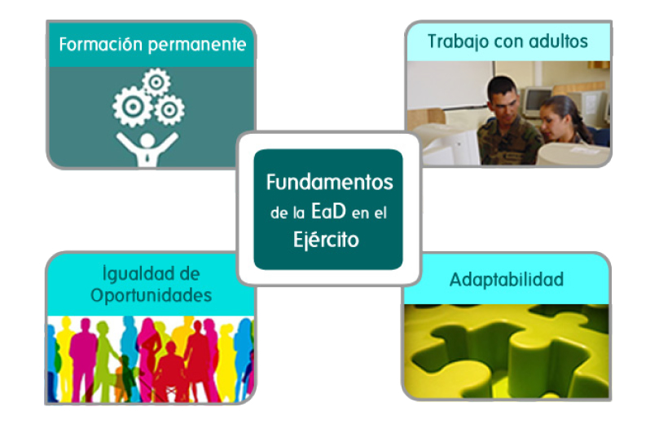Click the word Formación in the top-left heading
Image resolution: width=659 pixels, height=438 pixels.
point(101,44)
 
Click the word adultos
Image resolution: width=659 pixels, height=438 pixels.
point(558,42)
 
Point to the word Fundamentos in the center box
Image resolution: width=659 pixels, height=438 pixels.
point(329,182)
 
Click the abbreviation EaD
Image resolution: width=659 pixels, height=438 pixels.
point(328,211)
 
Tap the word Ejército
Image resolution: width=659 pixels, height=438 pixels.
point(326,240)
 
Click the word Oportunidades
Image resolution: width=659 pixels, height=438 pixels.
point(152,296)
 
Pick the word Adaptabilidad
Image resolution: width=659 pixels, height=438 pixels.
point(507,280)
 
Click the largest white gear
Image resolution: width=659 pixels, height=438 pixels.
point(133,107)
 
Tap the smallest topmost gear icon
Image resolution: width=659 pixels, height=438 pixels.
point(156,82)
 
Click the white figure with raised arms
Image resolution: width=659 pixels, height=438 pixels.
point(147,148)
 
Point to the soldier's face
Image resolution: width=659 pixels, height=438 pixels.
point(505,103)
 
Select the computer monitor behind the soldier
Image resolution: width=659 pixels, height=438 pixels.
point(536,100)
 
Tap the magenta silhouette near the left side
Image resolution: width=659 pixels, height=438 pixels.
point(83,357)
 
